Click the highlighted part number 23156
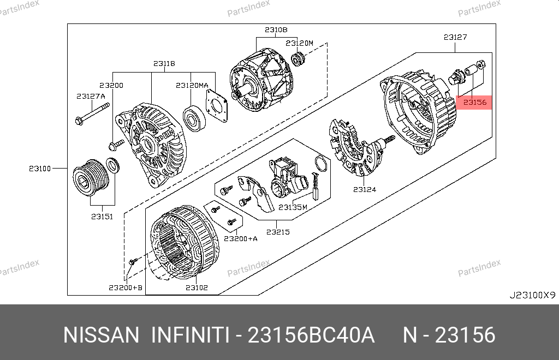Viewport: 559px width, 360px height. (474, 103)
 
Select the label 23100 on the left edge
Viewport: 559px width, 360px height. (40, 169)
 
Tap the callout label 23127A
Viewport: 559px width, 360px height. (91, 96)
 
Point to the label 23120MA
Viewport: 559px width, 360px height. (192, 86)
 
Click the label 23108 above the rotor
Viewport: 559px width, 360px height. (276, 30)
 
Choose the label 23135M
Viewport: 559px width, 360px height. (293, 207)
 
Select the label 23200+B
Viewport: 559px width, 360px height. (126, 287)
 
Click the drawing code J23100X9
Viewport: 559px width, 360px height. (532, 295)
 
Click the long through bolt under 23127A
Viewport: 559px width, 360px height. (92, 114)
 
